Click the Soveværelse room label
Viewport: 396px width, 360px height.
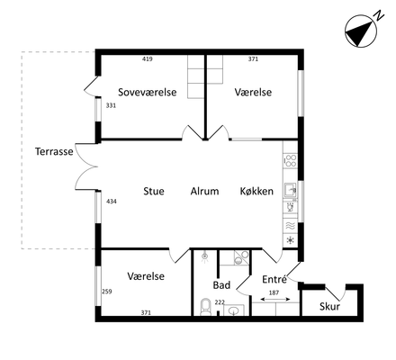[148, 92]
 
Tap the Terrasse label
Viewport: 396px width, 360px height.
[54, 151]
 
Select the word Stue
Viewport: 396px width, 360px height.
[154, 191]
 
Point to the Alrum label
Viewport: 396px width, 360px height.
[204, 191]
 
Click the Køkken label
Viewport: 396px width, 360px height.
[256, 191]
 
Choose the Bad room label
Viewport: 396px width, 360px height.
[221, 285]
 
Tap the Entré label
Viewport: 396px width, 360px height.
[274, 279]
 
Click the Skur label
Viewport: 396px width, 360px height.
[329, 307]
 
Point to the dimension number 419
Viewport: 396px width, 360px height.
[148, 59]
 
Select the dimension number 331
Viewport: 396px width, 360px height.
[111, 105]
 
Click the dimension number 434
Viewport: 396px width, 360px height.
[112, 202]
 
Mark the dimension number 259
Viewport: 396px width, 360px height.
[107, 292]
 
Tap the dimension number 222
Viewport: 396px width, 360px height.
[220, 302]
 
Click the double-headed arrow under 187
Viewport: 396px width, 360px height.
[275, 299]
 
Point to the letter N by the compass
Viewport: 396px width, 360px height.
[380, 15]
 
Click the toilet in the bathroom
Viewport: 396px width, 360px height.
[205, 307]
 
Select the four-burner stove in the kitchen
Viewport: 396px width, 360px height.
[290, 161]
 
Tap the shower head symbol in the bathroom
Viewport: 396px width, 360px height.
[205, 257]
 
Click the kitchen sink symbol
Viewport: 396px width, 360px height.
[290, 190]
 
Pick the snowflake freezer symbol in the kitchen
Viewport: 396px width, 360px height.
[291, 240]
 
